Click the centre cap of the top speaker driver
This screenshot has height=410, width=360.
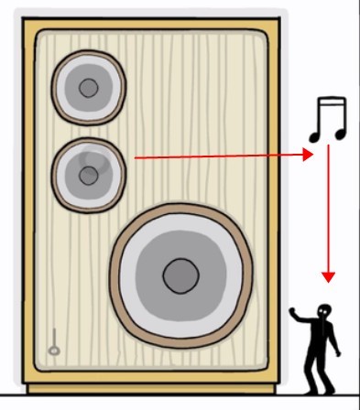(x=87, y=89)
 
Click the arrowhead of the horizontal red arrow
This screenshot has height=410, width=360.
(x=308, y=156)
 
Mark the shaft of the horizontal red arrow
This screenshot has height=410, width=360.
(x=220, y=157)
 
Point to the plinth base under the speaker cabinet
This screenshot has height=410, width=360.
(x=156, y=389)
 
